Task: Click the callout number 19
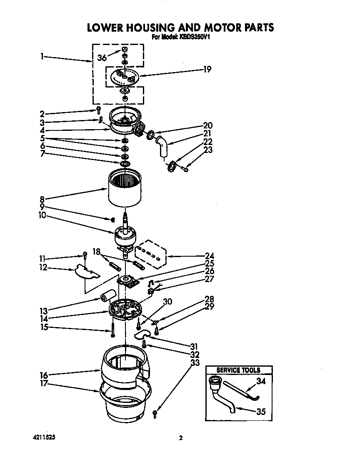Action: (x=207, y=70)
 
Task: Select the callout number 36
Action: (x=102, y=58)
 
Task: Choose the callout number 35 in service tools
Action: (x=261, y=412)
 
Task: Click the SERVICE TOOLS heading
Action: (x=239, y=370)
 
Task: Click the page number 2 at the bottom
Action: (x=180, y=438)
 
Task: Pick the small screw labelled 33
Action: (x=155, y=413)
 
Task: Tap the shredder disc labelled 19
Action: (x=125, y=77)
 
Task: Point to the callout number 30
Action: (x=167, y=302)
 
